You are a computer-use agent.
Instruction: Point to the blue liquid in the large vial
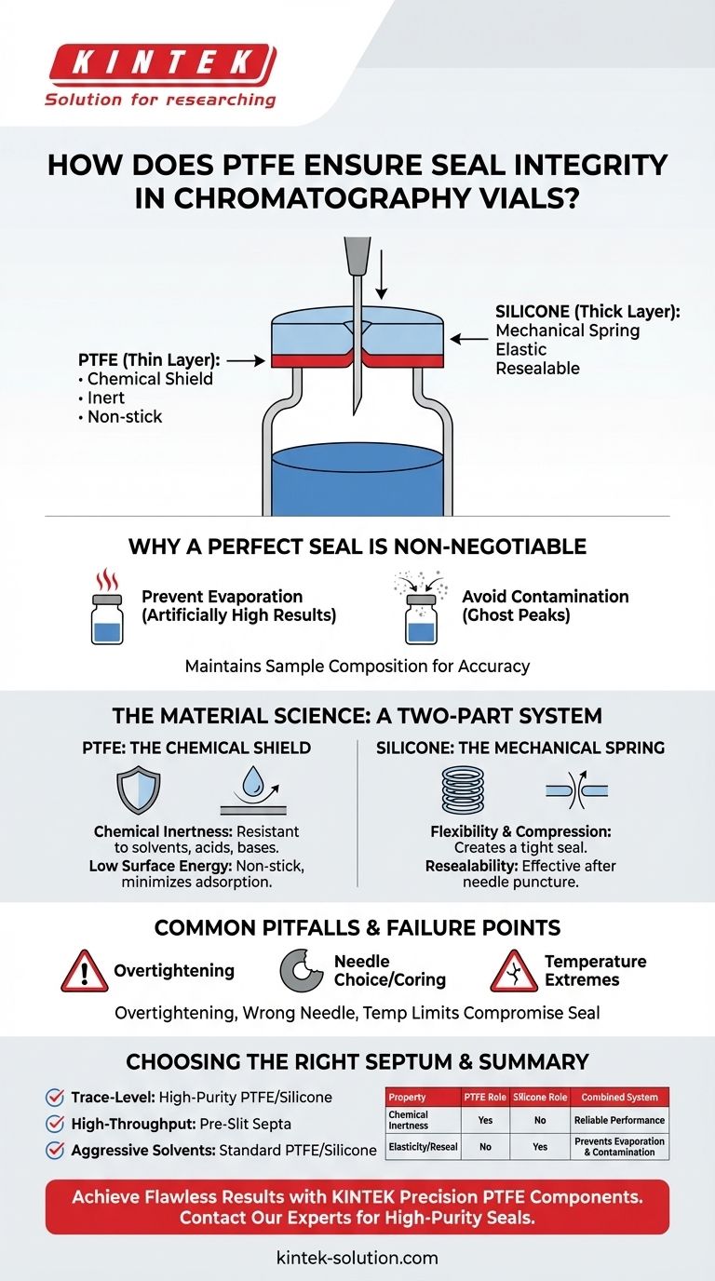pos(357,479)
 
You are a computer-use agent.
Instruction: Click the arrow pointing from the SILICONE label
pos(472,340)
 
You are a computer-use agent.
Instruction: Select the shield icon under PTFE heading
pos(140,789)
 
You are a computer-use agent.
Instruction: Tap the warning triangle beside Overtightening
pos(84,971)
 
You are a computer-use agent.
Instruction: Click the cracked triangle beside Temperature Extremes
pos(513,971)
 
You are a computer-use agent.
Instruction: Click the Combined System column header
pos(619,1098)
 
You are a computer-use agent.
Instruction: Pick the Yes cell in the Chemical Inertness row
pos(485,1120)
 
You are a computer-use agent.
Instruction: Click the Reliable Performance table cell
pos(619,1120)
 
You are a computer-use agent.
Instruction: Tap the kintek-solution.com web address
pos(357,1258)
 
